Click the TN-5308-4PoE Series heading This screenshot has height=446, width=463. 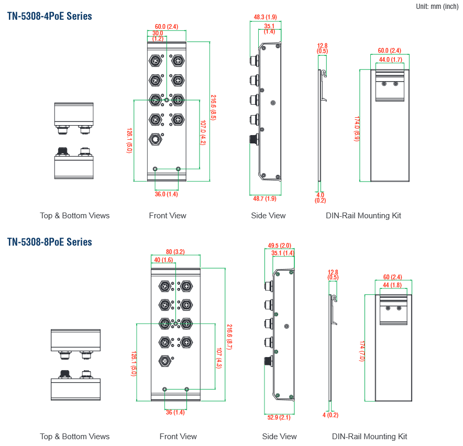49,16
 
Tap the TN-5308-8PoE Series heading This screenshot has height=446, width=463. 49,242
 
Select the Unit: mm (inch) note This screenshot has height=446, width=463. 437,6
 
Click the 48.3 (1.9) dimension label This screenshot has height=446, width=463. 265,17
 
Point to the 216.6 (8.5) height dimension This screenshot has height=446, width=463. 213,107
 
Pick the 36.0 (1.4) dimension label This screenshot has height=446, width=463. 166,194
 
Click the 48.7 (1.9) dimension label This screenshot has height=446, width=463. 264,198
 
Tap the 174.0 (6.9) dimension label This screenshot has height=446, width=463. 357,129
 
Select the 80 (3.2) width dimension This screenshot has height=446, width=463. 175,252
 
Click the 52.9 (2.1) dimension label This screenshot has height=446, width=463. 279,417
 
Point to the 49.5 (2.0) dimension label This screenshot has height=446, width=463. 279,246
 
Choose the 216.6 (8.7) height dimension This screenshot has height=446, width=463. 229,337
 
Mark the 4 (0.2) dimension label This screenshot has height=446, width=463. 330,415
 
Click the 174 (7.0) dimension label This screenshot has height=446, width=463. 362,351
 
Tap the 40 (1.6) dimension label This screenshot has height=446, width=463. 163,260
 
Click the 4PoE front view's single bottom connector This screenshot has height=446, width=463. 156,139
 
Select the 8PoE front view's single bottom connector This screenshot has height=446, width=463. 165,361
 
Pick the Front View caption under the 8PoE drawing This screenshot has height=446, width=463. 178,436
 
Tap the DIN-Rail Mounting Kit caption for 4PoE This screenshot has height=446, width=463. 363,216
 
